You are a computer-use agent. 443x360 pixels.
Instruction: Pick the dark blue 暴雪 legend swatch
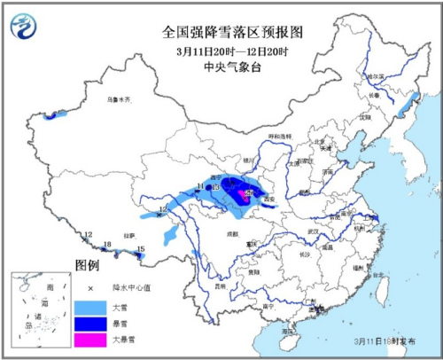click(88, 324)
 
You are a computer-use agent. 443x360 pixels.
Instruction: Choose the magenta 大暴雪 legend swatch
click(88, 340)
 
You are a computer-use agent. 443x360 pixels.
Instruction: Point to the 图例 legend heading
click(86, 265)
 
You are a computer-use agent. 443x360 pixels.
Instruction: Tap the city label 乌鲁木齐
click(118, 100)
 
